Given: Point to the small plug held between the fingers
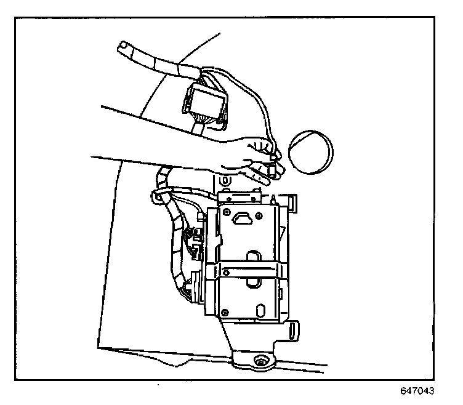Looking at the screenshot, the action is (x=271, y=167).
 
